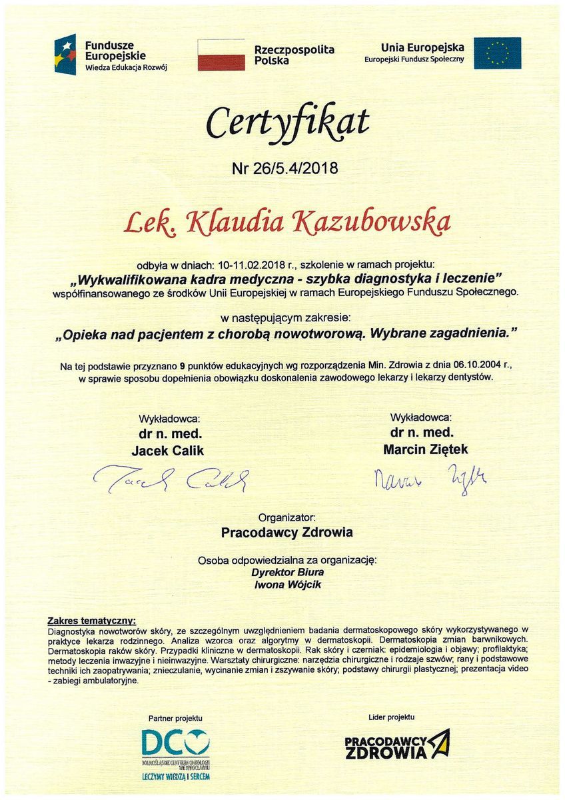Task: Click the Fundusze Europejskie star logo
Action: (x=65, y=54)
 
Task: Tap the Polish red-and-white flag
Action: (x=221, y=55)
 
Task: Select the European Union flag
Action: (x=497, y=53)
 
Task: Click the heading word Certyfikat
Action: (x=286, y=123)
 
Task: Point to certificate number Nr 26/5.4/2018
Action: (x=284, y=168)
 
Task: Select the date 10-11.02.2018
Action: (x=245, y=265)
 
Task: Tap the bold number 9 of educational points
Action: (x=182, y=366)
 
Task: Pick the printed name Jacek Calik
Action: (x=168, y=451)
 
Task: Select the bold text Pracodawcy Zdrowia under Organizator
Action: (x=287, y=532)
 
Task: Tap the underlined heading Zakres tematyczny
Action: (x=91, y=620)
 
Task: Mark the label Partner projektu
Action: (x=175, y=718)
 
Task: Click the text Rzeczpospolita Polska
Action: (x=294, y=55)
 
